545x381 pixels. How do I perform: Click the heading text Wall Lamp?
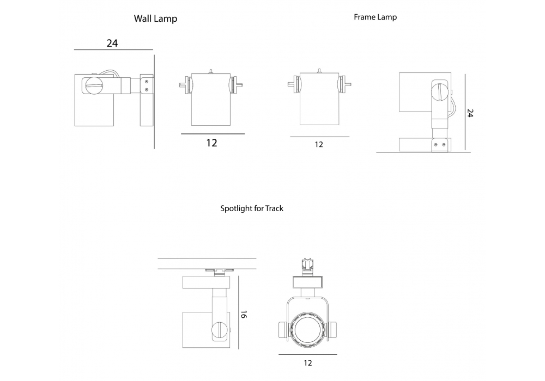point(155,19)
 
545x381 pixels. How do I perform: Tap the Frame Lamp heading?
point(375,17)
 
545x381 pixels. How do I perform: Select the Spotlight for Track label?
point(251,208)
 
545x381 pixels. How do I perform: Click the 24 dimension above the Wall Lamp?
point(112,43)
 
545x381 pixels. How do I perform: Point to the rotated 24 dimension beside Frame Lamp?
point(470,113)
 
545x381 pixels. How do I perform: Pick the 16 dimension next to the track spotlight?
point(243,315)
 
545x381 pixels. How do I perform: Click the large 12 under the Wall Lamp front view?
point(211,143)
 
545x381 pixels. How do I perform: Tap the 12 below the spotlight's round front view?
point(307,363)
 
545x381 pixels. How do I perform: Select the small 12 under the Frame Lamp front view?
point(319,145)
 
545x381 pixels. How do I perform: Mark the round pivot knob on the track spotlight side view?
point(220,330)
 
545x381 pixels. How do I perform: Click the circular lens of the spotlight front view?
point(307,330)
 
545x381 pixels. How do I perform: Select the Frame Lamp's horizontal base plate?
point(425,144)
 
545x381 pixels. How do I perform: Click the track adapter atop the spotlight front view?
point(307,265)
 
